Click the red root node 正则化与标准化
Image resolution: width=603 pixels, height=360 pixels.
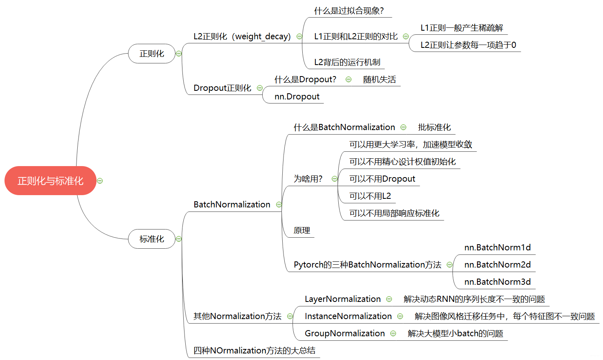50,180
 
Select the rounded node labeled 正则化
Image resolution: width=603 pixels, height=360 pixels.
151,54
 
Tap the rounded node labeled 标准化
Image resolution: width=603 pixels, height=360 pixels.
151,239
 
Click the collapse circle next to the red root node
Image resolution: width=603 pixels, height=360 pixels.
100,181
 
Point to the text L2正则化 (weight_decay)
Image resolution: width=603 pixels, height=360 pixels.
242,36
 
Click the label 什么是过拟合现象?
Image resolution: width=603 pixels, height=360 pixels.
349,11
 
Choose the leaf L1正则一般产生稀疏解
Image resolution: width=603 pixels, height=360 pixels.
461,28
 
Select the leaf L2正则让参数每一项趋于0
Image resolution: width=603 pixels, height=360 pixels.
468,45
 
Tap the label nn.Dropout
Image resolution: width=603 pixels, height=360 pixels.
297,97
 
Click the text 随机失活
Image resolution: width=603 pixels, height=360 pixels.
379,79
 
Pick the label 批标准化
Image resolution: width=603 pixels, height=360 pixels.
434,127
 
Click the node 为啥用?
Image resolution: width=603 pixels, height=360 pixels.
308,179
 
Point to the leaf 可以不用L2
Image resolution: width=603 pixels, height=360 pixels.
370,196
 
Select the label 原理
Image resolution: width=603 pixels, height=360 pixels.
301,230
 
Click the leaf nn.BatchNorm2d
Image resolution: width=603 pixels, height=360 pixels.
497,265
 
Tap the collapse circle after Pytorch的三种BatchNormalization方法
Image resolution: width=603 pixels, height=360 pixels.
450,265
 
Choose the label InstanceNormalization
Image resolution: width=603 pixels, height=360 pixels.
348,316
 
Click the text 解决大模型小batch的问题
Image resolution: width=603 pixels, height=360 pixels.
455,333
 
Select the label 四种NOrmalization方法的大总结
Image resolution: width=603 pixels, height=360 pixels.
254,351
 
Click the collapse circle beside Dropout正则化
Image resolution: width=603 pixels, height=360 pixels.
260,88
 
